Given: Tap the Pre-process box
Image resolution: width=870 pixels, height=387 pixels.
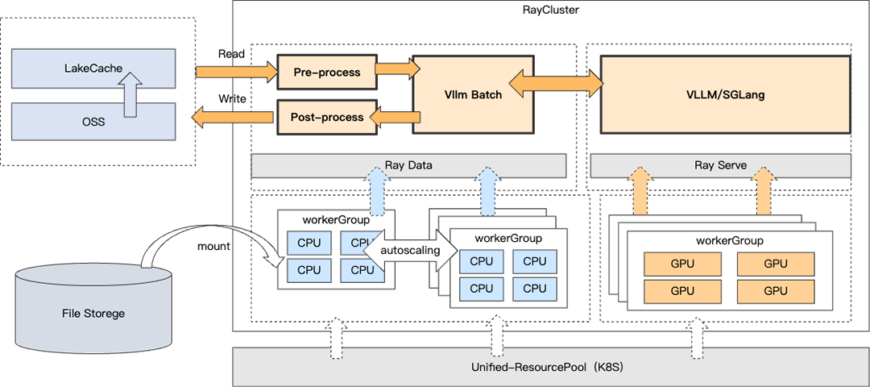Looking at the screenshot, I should coord(326,73).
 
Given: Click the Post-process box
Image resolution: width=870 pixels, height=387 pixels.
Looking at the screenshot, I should coord(326,118).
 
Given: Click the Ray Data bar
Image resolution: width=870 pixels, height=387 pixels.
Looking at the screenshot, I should coord(408,165).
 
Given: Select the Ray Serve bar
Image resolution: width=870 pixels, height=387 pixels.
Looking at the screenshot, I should coord(720,165).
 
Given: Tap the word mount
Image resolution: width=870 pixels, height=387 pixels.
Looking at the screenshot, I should coord(213,246).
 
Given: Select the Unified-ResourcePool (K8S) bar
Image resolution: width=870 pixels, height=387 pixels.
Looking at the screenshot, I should coord(551,367).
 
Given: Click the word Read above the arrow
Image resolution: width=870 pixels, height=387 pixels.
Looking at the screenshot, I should coord(231,54).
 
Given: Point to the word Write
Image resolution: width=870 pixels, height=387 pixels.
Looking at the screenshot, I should coord(232,99).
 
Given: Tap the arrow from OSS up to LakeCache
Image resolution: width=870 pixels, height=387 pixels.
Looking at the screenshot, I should coord(133,94).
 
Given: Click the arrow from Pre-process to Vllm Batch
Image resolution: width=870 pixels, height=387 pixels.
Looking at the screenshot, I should coord(397,70).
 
